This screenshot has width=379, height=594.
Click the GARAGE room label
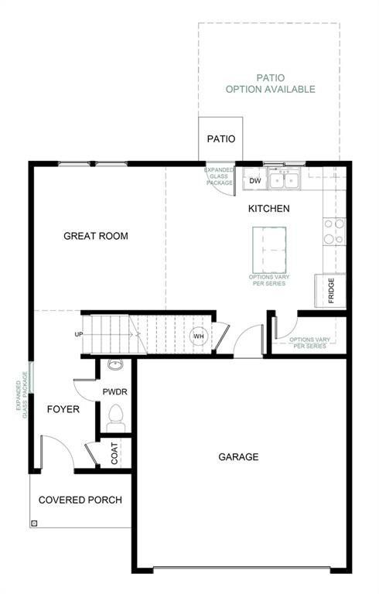[x=238, y=457]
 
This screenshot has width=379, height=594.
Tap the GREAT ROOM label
[x=96, y=236]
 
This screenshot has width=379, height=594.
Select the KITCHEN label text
[x=268, y=209]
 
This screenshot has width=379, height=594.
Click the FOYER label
[x=63, y=409]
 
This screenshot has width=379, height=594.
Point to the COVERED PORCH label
[x=80, y=500]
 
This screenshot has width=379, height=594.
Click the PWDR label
[x=114, y=392]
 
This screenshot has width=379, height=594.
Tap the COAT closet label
[x=115, y=454]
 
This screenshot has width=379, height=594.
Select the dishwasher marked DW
[x=254, y=181]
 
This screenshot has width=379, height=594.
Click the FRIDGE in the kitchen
[x=330, y=291]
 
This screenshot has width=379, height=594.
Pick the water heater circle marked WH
[x=198, y=336]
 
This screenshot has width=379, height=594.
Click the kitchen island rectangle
[x=269, y=250]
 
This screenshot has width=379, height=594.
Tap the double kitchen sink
[x=284, y=180]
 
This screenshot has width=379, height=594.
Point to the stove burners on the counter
[x=334, y=231]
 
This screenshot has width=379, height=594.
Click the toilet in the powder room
[x=116, y=417]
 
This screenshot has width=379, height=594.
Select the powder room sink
[x=115, y=365]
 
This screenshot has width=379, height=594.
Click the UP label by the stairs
[x=79, y=335]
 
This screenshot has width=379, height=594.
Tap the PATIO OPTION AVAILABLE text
[x=270, y=84]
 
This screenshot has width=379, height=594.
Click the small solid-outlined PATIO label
[x=220, y=139]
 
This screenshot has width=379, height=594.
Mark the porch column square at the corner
[x=34, y=523]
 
